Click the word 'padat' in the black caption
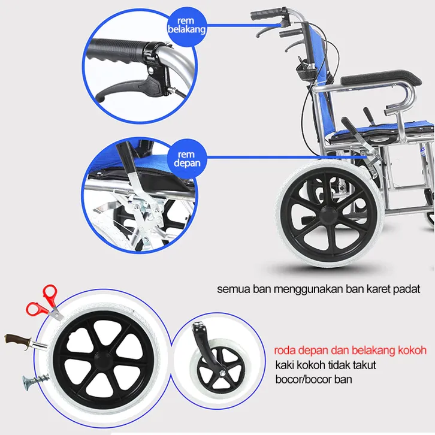pos(407,289)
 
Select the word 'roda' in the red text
pos(285,351)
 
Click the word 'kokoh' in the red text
pos(412,351)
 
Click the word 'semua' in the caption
pos(231,289)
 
